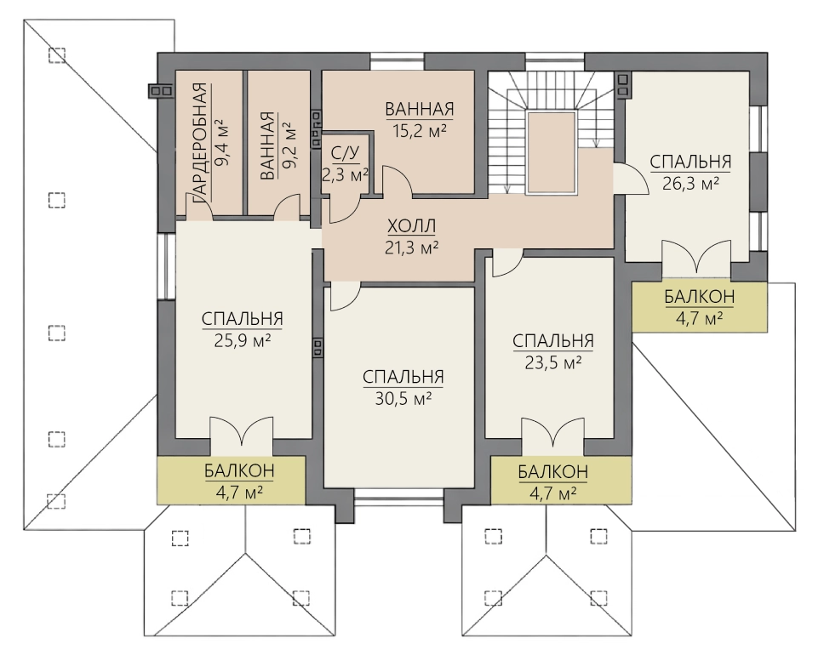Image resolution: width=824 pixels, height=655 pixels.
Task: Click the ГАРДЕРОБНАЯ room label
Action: coord(201,143)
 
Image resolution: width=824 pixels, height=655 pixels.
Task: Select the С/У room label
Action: coord(346,153)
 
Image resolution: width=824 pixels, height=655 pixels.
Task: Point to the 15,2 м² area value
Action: coord(420,130)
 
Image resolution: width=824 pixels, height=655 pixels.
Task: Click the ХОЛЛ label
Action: coord(411,226)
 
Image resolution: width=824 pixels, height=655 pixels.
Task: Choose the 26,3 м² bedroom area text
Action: coord(690,184)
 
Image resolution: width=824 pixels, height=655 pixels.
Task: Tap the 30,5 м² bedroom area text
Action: coord(403,399)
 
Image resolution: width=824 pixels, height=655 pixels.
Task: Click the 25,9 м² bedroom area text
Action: coord(243,341)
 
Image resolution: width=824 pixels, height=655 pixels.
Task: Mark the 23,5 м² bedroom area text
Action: coord(553,362)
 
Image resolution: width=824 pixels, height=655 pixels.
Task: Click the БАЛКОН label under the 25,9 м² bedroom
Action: coord(240,470)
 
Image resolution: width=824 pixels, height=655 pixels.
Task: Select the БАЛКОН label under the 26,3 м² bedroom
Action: coord(700,297)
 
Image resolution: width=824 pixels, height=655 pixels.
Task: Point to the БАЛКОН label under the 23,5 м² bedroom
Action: coord(552,471)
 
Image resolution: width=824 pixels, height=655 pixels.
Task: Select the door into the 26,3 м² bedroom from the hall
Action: coord(631,179)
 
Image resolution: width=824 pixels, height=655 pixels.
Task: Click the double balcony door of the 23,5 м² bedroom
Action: coord(552,432)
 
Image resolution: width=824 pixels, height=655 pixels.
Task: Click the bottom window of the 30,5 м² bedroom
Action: coord(399,494)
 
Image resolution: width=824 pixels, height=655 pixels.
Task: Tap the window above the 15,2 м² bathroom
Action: coord(398,61)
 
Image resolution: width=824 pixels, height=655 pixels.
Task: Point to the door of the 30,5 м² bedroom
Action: coord(345,296)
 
